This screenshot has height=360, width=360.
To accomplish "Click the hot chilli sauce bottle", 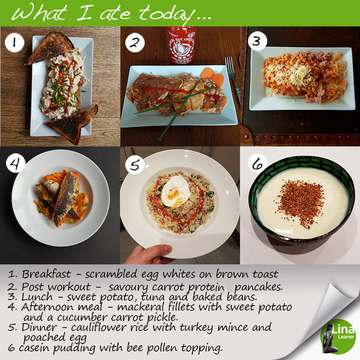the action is [181, 45].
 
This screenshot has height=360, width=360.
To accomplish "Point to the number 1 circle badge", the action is [14, 42].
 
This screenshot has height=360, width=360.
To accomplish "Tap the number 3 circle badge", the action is [257, 41].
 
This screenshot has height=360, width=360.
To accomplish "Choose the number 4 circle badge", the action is [16, 163].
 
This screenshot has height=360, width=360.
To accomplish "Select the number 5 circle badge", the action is [135, 165].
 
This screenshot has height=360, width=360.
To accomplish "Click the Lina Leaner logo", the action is [338, 336].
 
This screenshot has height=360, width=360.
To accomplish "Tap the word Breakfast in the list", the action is [46, 274].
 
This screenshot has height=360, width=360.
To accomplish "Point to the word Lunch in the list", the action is [37, 297].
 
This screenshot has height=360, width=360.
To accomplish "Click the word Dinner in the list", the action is [39, 327].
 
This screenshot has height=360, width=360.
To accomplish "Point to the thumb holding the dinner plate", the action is [158, 250].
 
